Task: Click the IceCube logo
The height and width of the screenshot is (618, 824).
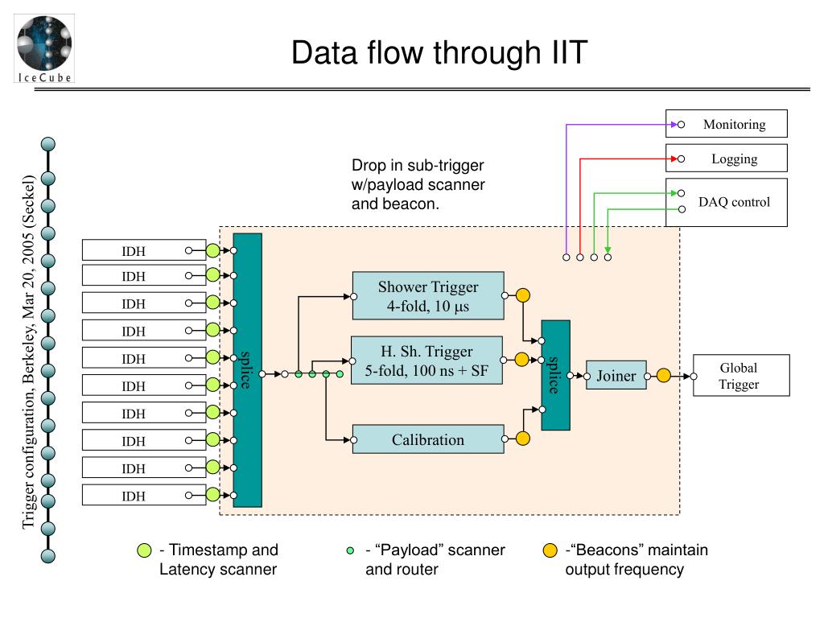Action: pyautogui.click(x=44, y=48)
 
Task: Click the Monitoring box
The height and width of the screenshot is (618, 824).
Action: pyautogui.click(x=727, y=124)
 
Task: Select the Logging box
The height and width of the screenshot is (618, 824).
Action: pyautogui.click(x=727, y=159)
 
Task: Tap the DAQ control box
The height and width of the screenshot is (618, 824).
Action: pyautogui.click(x=727, y=202)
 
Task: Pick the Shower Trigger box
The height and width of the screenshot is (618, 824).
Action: pyautogui.click(x=428, y=296)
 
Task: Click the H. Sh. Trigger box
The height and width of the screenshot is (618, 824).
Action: pyautogui.click(x=426, y=360)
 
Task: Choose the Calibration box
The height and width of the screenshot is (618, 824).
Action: pyautogui.click(x=428, y=439)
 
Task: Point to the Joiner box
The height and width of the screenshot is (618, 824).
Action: pyautogui.click(x=616, y=375)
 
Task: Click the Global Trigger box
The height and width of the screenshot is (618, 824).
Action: pyautogui.click(x=741, y=375)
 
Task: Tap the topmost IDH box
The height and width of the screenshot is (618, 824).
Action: pyautogui.click(x=144, y=250)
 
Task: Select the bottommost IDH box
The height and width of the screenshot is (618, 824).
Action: pyautogui.click(x=144, y=495)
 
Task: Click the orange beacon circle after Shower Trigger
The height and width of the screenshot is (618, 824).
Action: pyautogui.click(x=522, y=295)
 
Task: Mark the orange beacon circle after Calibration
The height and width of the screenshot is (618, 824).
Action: pyautogui.click(x=522, y=439)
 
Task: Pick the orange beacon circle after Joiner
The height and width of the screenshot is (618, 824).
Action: pyautogui.click(x=664, y=375)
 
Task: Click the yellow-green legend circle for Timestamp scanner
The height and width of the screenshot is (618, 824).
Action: pyautogui.click(x=144, y=550)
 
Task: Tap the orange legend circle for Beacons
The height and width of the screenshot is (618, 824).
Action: pyautogui.click(x=550, y=550)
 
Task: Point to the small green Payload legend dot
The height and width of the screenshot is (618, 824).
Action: pyautogui.click(x=351, y=550)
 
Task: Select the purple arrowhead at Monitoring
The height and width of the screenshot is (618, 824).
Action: pyautogui.click(x=674, y=125)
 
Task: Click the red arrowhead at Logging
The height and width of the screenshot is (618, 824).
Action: pyautogui.click(x=674, y=159)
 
